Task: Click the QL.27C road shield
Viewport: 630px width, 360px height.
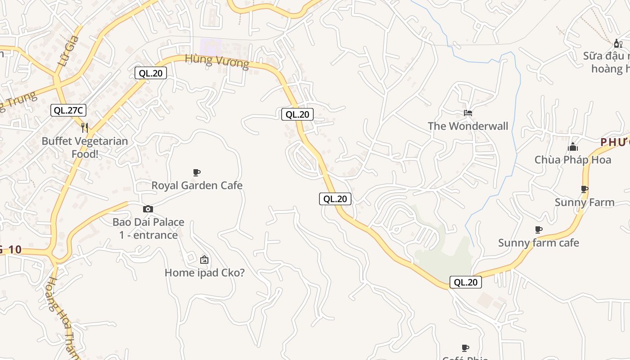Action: (68, 110)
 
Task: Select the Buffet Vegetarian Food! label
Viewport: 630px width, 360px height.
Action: (85, 147)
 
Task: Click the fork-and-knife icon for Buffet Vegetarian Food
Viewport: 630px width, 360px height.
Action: (85, 127)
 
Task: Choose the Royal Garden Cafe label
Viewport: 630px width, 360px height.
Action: (197, 185)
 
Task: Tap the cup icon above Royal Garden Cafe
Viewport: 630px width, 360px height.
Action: (196, 172)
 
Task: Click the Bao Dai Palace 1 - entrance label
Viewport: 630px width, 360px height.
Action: (148, 228)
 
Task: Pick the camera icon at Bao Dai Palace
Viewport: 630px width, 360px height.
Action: (148, 209)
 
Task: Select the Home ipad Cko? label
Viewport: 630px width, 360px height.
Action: (204, 273)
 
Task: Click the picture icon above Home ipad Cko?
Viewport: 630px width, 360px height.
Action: (204, 260)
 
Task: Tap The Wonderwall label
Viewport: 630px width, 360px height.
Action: (468, 126)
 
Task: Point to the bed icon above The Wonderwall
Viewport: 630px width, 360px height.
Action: (468, 113)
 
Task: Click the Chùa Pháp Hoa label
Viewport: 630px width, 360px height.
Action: (572, 160)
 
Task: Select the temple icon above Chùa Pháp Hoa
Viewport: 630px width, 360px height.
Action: (572, 147)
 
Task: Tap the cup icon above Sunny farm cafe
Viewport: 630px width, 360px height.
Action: (538, 230)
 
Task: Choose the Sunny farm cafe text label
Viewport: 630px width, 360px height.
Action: (538, 243)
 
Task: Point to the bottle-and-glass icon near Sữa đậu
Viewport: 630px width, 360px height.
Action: (618, 43)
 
